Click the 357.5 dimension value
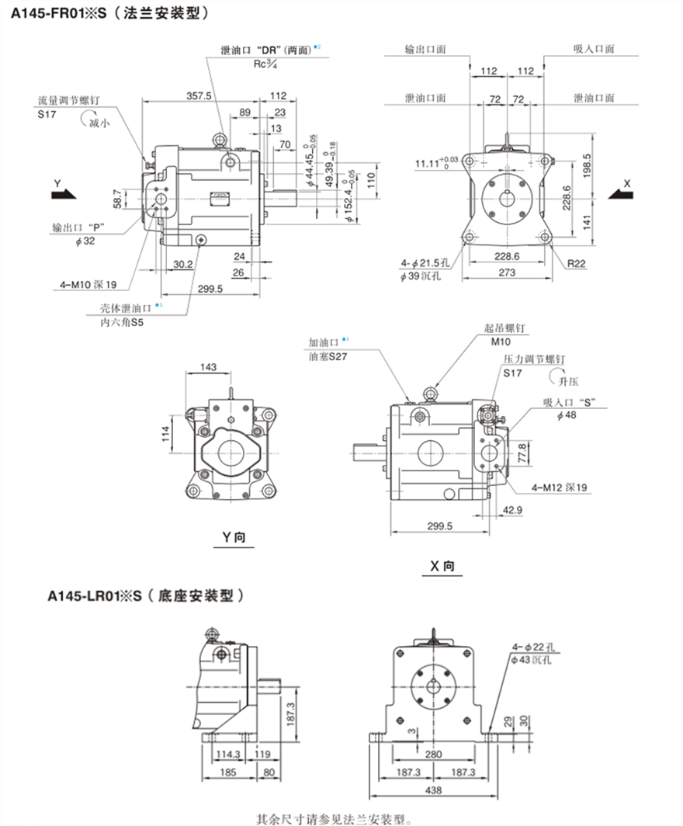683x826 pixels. (x=199, y=95)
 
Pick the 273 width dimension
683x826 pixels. (x=506, y=272)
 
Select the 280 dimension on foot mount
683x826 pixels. (x=433, y=754)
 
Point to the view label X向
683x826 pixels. (x=442, y=567)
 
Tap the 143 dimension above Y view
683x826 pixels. (x=208, y=367)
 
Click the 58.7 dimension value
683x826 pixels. (x=116, y=197)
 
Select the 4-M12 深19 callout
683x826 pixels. (x=559, y=488)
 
